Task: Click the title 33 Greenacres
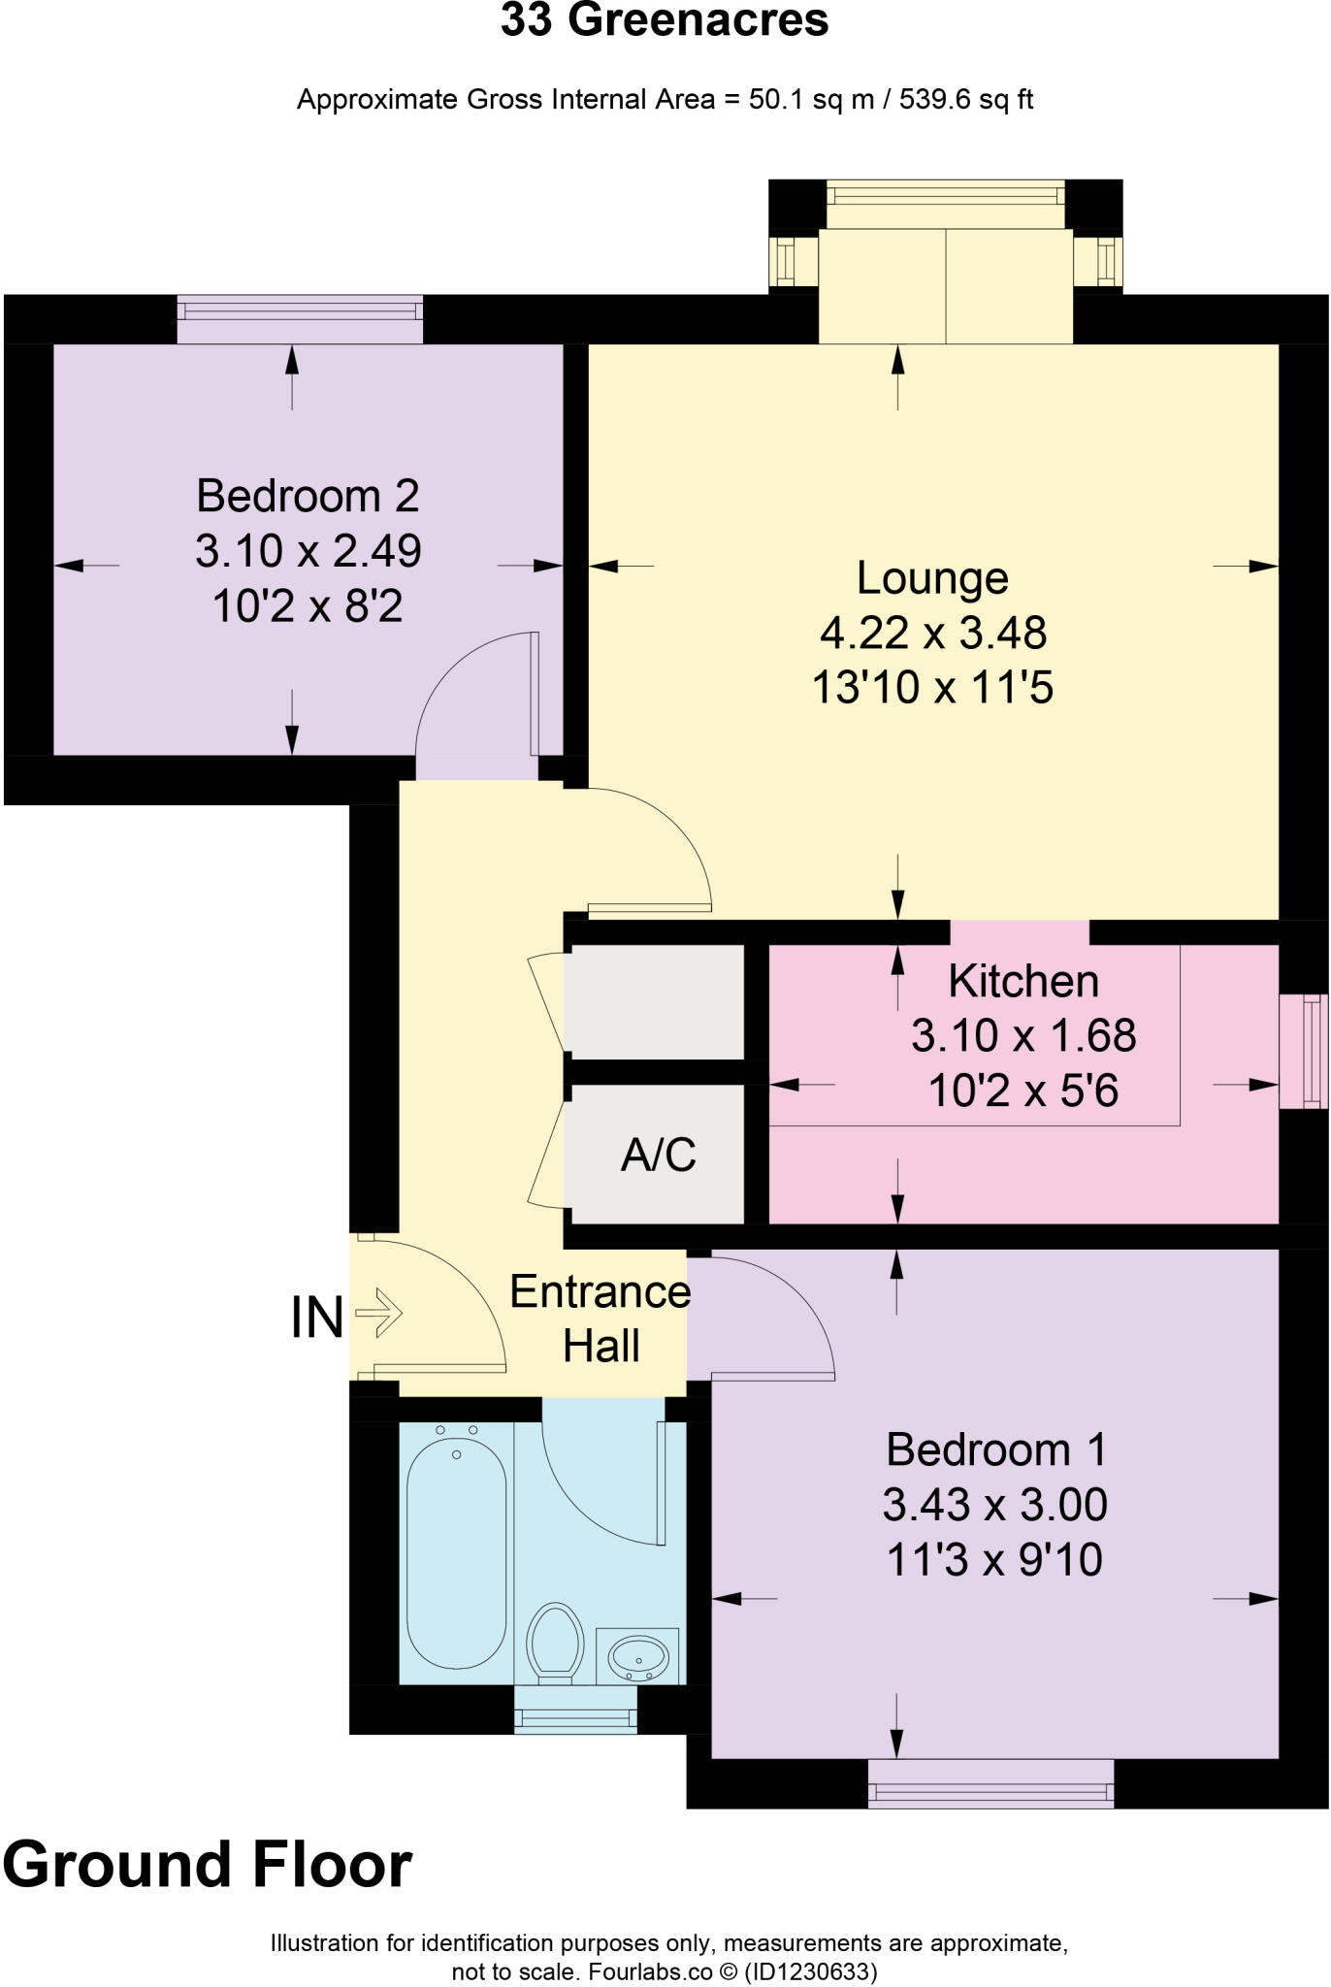[665, 21]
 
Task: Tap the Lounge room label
[932, 579]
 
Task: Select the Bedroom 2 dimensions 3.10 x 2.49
[308, 552]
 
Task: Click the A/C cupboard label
[658, 1155]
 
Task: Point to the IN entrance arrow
[378, 1314]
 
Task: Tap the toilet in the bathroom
[555, 1641]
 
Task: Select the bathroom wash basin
[637, 1655]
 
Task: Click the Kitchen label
[1023, 982]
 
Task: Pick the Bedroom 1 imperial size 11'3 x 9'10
[994, 1561]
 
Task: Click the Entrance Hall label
[601, 1319]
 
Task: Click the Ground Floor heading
[208, 1866]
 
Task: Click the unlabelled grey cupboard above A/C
[655, 1002]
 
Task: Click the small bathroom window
[575, 1710]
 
